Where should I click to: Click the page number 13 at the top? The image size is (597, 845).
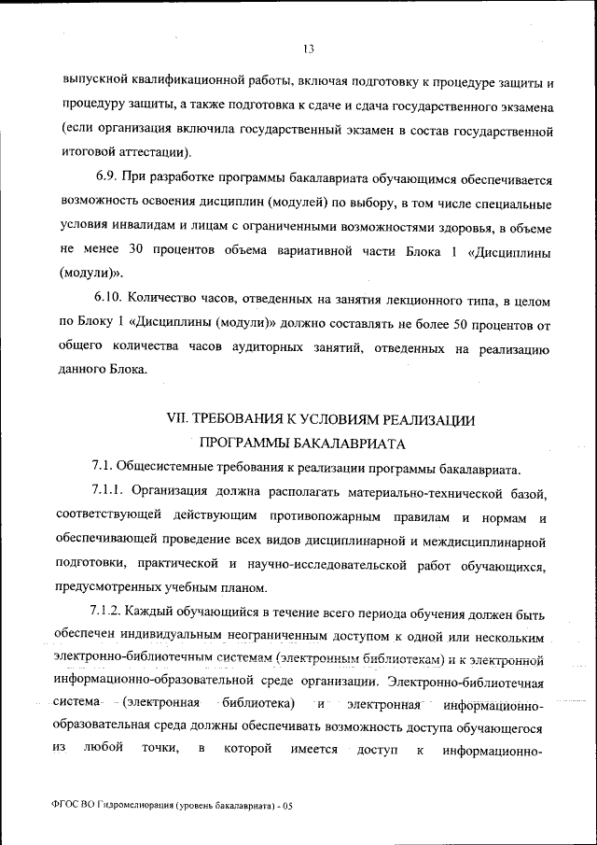(x=308, y=49)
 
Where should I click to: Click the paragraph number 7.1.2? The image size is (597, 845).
(x=106, y=613)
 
